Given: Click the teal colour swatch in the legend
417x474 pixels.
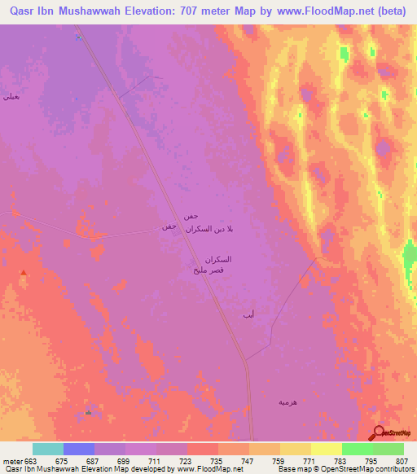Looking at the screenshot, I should (47, 449).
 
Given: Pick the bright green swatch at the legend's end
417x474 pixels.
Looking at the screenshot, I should (388, 449).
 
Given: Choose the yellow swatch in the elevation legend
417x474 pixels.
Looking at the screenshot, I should (326, 449).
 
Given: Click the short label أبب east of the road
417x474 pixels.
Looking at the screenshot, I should (248, 314).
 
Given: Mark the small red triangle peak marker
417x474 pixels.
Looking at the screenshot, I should (24, 273).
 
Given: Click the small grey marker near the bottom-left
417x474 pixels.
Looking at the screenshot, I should (88, 412).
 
